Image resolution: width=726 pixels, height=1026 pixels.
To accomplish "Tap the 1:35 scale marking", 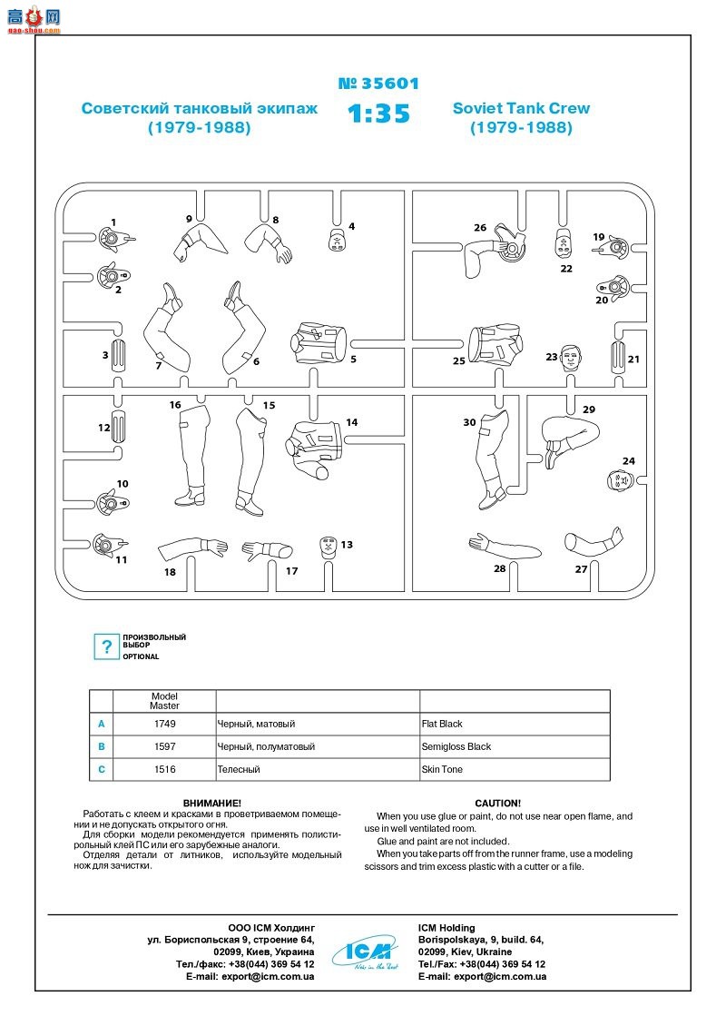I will coord(378,114).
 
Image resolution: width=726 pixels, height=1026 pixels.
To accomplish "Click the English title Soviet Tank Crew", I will coord(521,108).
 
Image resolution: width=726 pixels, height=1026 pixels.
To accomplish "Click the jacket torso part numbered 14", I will coord(313,445).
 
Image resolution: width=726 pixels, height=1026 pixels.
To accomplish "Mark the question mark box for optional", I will coord(107,646).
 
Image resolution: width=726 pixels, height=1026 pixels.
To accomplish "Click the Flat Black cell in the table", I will coord(442,724).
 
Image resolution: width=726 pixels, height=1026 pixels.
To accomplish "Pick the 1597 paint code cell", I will coord(164,746).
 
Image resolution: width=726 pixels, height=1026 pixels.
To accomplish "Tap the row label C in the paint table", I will coord(102,769).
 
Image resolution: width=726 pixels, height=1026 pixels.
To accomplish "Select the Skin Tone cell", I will coord(442,769).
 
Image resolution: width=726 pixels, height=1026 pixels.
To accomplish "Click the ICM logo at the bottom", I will coord(368,951).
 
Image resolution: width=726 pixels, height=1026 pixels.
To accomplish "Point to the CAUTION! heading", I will coord(497,804).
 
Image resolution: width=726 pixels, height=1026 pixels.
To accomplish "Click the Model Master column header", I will coord(164,701).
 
